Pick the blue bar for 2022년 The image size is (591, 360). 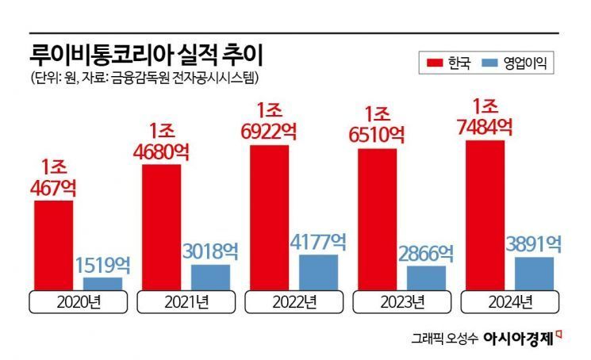coord(318,272)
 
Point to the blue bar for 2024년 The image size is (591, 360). coord(534,274)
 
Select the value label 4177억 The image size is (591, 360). coord(319,241)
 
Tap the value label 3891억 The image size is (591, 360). coord(534,244)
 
